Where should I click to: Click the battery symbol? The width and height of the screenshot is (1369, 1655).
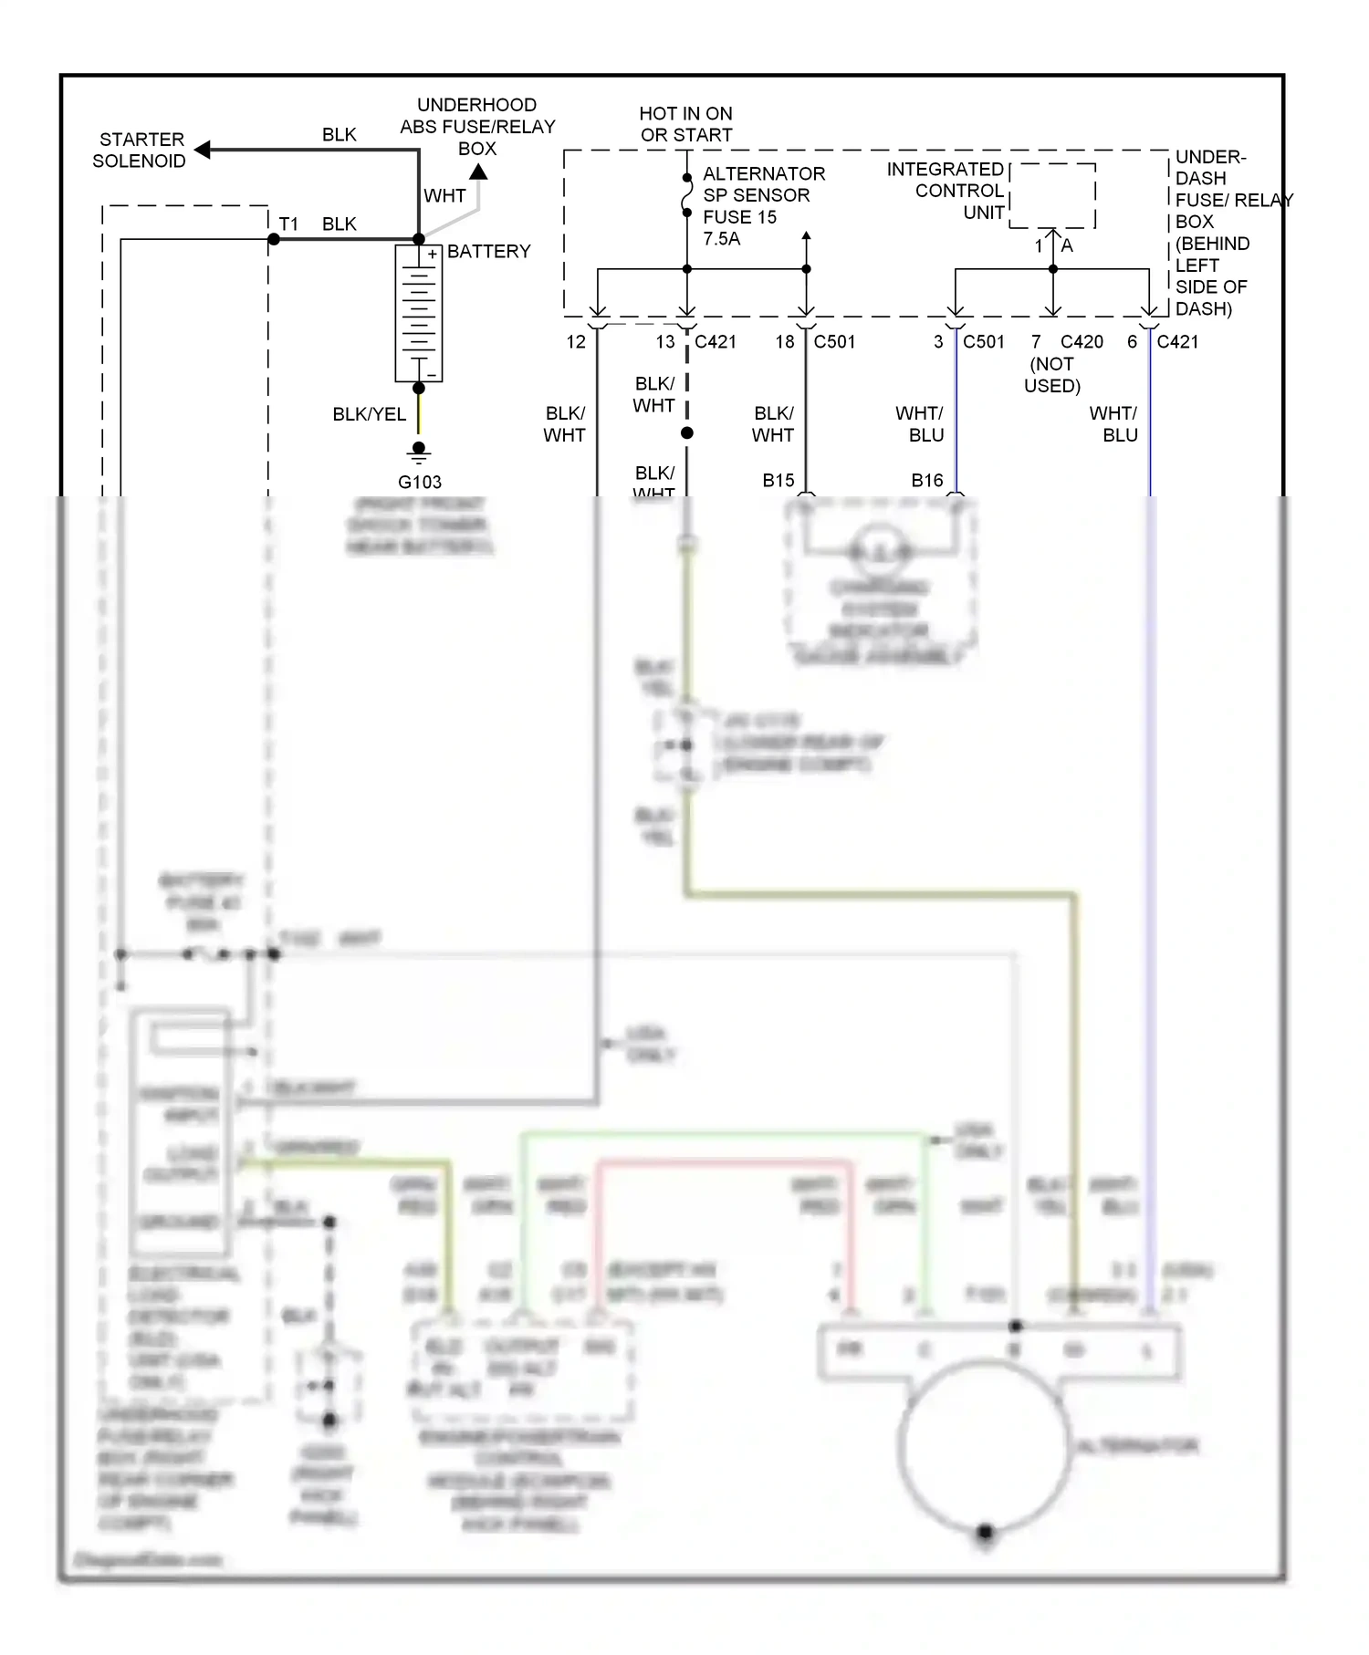(x=419, y=313)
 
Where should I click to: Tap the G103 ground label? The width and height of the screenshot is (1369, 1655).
(x=419, y=482)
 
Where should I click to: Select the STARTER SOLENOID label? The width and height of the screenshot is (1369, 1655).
(x=140, y=151)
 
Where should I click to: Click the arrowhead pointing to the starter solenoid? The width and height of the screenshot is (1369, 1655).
(x=204, y=150)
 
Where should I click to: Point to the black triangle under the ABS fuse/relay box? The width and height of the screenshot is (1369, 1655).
(x=478, y=172)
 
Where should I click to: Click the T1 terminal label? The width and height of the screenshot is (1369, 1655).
(x=288, y=224)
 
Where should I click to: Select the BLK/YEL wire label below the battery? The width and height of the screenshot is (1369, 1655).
(x=369, y=414)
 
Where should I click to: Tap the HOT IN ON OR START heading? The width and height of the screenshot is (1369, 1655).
(x=685, y=124)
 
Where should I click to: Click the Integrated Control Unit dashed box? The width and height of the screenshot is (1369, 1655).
(x=1053, y=196)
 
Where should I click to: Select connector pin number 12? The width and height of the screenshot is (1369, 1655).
(x=576, y=342)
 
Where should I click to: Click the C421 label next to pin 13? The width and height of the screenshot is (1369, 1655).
(x=716, y=342)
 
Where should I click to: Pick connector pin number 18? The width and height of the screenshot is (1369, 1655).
(x=785, y=342)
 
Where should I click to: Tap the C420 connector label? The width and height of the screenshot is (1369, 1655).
(x=1082, y=342)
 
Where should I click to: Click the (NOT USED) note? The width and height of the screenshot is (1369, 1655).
(x=1051, y=375)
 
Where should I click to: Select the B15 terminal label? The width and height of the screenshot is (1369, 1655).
(x=779, y=481)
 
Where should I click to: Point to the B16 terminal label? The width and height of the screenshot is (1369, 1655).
(x=927, y=481)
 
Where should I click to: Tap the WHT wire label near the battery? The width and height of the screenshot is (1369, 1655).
(x=444, y=196)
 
